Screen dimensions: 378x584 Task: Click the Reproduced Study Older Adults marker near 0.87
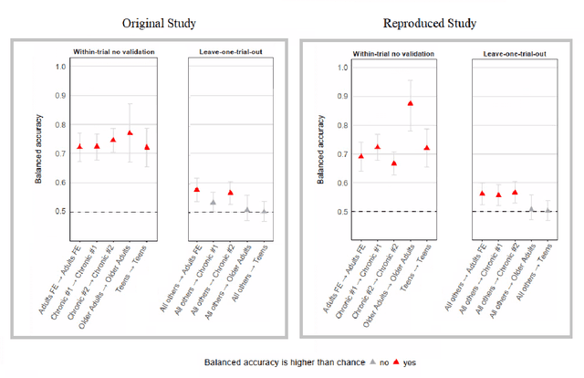(x=410, y=104)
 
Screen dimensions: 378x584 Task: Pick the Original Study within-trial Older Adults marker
(x=130, y=132)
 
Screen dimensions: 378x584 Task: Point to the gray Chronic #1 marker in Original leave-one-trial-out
(x=213, y=202)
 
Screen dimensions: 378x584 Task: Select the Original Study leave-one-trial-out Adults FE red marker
(x=196, y=190)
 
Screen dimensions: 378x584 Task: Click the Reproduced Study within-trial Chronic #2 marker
(x=393, y=163)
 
